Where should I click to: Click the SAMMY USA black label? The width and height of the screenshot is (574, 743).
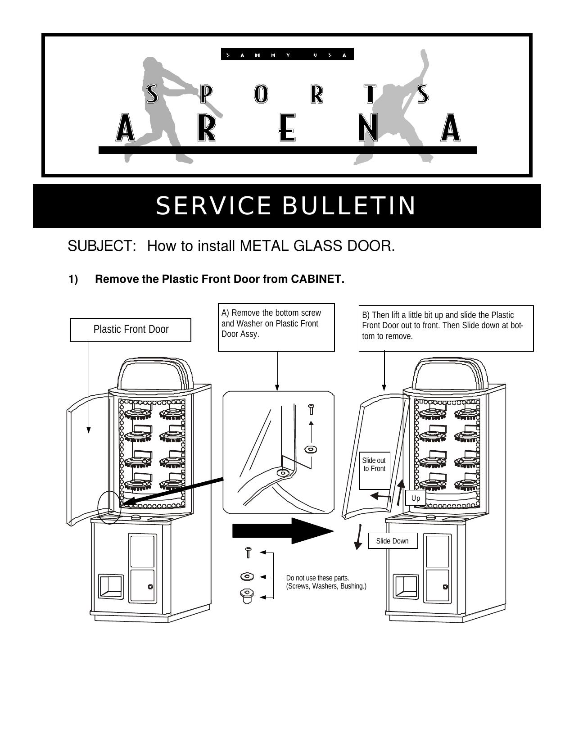tap(287, 54)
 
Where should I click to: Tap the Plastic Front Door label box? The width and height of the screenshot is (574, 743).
tap(131, 330)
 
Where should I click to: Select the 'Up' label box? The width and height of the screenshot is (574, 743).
tap(415, 498)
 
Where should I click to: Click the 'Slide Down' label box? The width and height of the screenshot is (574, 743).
tap(392, 541)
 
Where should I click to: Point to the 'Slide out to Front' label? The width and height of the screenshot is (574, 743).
tap(374, 465)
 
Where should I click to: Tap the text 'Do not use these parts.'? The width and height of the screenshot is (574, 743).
tap(317, 578)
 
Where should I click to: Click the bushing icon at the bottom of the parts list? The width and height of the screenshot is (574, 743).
tap(247, 595)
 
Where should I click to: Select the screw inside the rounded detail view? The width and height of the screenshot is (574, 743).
tap(311, 409)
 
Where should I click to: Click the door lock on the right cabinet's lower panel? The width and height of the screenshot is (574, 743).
tap(445, 587)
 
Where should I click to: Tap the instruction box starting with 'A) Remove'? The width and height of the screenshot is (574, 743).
tap(276, 327)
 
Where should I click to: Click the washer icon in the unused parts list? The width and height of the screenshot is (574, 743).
tap(247, 576)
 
